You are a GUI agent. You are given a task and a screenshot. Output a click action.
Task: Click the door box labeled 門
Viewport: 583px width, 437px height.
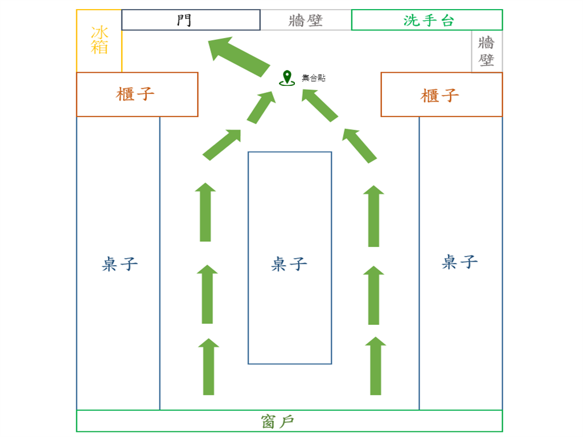[x=191, y=20]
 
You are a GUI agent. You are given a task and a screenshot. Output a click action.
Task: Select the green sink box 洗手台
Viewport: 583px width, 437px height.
[x=427, y=20]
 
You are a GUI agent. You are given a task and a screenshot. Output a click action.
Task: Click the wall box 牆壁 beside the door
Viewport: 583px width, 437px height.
[x=306, y=20]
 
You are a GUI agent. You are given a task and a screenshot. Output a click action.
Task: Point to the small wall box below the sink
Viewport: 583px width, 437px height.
[x=487, y=51]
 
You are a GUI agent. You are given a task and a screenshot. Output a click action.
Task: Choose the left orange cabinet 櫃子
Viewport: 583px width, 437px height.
[x=137, y=94]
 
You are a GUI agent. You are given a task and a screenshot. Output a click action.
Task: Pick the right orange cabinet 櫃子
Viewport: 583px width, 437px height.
[x=441, y=94]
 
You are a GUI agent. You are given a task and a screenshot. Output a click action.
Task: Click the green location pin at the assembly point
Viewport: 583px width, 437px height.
[x=286, y=77]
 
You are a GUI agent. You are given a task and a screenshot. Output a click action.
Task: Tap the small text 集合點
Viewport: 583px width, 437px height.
[x=314, y=78]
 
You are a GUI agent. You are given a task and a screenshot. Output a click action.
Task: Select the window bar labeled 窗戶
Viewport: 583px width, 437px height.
[x=289, y=421]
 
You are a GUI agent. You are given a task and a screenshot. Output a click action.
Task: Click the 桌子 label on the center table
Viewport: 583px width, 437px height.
[x=289, y=263]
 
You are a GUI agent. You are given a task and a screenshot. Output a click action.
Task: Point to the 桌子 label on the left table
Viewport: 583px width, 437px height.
[x=120, y=263]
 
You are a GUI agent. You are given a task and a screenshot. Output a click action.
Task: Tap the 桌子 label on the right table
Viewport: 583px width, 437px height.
[x=459, y=262]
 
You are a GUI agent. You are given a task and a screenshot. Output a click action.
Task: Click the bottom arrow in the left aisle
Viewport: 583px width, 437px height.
[x=209, y=367]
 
